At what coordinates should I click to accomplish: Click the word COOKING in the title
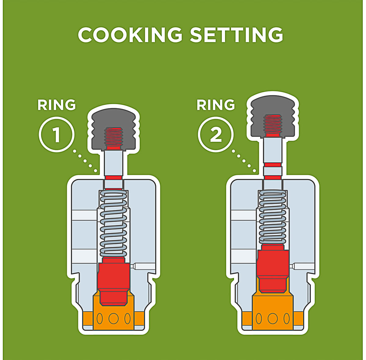click(x=130, y=35)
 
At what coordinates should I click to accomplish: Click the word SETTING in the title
click(x=236, y=35)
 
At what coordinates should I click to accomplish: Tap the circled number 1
click(x=57, y=134)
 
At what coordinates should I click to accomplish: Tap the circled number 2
click(x=216, y=134)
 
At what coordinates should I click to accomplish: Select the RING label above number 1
click(x=57, y=105)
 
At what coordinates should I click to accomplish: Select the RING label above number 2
click(x=216, y=105)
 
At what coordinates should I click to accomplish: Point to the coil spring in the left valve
click(x=113, y=224)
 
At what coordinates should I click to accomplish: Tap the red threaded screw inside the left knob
click(x=113, y=139)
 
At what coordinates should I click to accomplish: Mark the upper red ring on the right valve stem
click(x=273, y=165)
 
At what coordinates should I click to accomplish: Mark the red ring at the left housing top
click(x=113, y=178)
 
